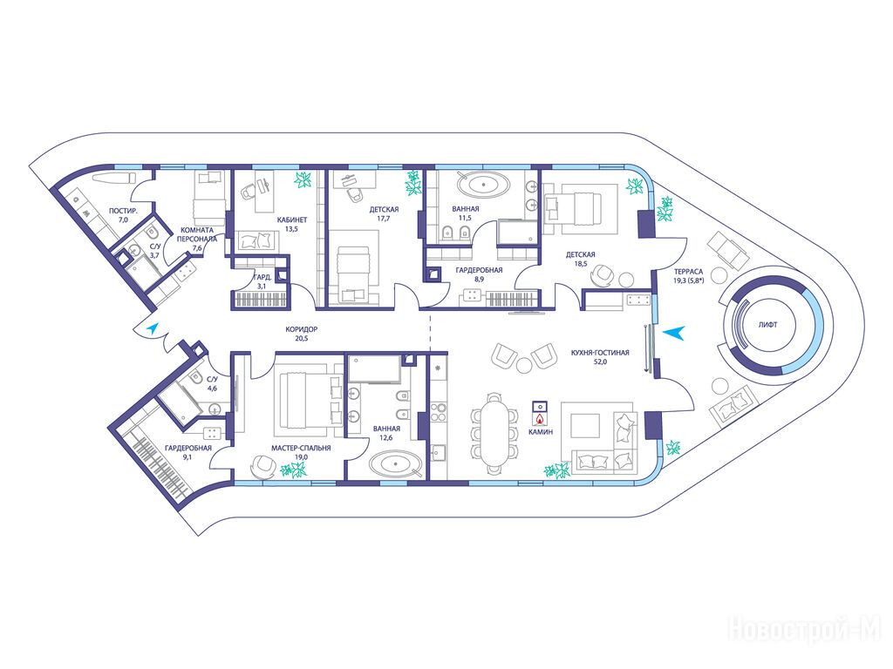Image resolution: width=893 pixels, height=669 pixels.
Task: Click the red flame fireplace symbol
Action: point(539,419)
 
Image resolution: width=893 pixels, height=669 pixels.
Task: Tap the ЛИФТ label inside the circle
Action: point(767,325)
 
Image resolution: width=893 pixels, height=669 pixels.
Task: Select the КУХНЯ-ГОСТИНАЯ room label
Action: point(600,353)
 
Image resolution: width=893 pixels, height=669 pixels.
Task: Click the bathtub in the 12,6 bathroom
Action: point(395,463)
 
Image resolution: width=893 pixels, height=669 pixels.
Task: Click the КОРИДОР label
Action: point(301,329)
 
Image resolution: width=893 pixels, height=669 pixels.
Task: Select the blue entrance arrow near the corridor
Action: point(152,328)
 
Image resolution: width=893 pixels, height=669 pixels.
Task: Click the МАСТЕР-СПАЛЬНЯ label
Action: point(301,448)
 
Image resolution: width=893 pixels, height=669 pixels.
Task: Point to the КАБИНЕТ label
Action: point(292,220)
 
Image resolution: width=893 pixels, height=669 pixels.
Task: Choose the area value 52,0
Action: point(600,362)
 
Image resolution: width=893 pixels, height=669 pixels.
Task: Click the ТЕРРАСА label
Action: point(689,272)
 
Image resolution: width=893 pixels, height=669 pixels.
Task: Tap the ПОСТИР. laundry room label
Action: point(123,211)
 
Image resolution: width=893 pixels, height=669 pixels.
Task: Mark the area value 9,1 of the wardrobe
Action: point(188,456)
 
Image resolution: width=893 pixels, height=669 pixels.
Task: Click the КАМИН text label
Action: point(541,432)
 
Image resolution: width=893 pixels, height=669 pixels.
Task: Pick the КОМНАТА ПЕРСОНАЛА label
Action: point(196,234)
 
